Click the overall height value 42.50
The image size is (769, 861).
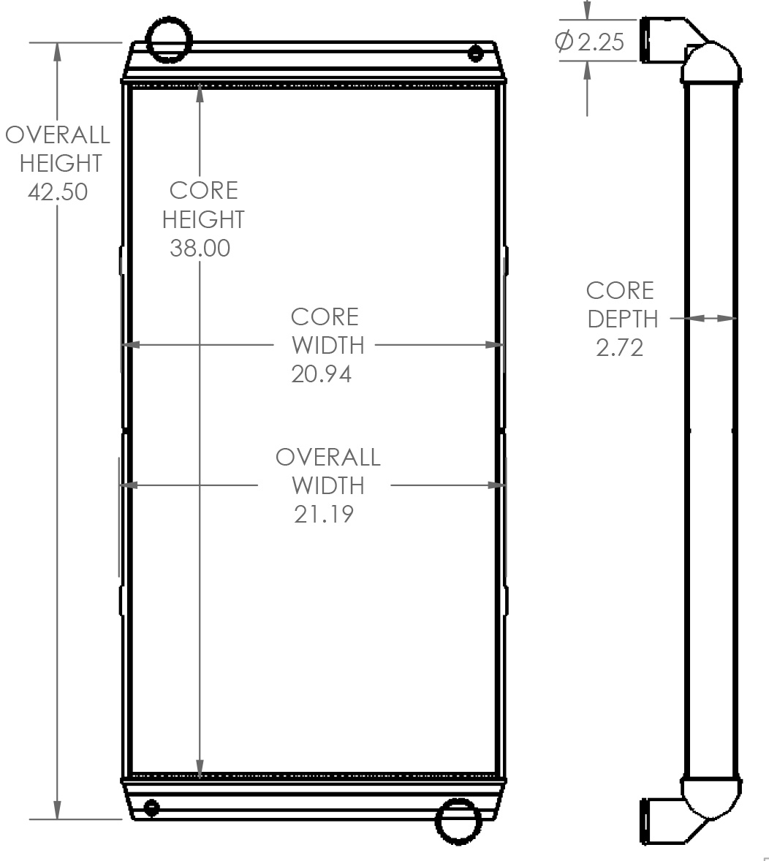(58, 191)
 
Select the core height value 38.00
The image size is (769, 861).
(200, 248)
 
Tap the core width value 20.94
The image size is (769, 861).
(321, 373)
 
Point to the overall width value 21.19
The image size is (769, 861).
(324, 514)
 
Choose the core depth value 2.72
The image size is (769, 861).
(620, 347)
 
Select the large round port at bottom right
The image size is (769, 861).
(458, 822)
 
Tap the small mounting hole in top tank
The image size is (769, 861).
(476, 53)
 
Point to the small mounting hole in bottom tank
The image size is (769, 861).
(151, 809)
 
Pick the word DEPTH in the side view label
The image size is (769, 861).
(623, 319)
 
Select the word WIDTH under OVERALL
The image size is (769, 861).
(327, 485)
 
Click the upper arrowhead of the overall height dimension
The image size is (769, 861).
(57, 51)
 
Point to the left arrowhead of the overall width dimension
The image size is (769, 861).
(129, 485)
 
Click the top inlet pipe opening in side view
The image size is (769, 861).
(646, 41)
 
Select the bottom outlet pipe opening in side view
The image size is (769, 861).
(646, 823)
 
